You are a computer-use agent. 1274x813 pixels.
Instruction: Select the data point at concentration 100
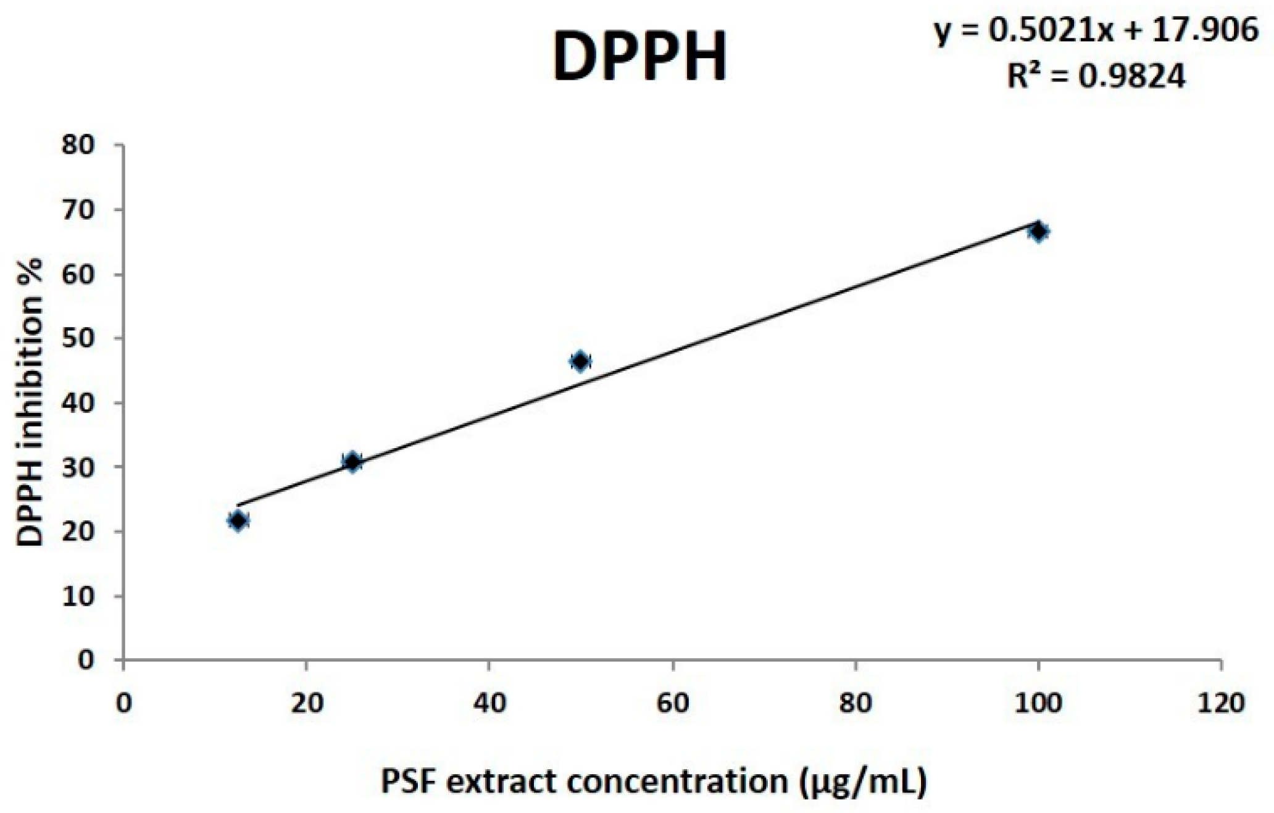[x=1038, y=232]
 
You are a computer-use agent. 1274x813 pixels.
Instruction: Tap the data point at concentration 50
[x=580, y=361]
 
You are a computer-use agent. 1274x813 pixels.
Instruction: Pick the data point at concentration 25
[x=352, y=462]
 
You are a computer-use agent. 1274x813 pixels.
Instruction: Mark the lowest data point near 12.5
[x=238, y=521]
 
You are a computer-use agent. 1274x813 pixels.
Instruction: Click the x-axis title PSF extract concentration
[x=654, y=782]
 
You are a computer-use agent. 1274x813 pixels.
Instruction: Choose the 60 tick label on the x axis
[x=673, y=704]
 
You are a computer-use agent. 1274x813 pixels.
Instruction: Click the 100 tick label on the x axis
[x=1039, y=704]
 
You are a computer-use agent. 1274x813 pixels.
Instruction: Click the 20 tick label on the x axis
[x=307, y=704]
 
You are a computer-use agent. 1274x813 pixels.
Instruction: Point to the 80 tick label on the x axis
[x=856, y=704]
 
